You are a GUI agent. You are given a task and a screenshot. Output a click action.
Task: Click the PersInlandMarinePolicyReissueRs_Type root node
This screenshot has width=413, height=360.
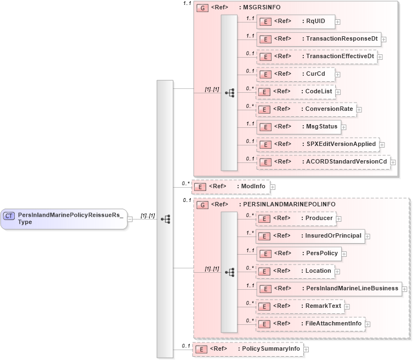pyautogui.click(x=64, y=218)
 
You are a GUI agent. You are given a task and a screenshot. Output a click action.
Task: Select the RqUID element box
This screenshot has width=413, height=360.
pyautogui.click(x=296, y=21)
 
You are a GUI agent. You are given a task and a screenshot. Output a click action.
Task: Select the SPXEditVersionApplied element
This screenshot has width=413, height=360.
pyautogui.click(x=318, y=144)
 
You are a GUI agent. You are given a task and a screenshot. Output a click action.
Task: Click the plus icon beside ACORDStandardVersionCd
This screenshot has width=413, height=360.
pyautogui.click(x=393, y=162)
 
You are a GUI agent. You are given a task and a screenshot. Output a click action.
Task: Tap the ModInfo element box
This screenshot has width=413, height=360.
pyautogui.click(x=230, y=187)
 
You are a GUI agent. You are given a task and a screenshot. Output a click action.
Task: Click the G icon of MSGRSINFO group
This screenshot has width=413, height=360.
pyautogui.click(x=202, y=9)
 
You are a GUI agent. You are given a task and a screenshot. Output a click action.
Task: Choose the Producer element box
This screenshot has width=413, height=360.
pyautogui.click(x=296, y=218)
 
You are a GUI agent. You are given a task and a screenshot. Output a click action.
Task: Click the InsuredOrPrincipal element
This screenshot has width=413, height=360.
pyautogui.click(x=310, y=236)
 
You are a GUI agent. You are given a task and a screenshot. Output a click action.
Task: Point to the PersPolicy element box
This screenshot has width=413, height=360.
pyautogui.click(x=299, y=253)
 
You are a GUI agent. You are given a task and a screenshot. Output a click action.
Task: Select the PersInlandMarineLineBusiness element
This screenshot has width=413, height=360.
pyautogui.click(x=329, y=288)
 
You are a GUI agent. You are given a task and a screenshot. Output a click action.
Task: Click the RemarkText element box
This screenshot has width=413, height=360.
pyautogui.click(x=300, y=306)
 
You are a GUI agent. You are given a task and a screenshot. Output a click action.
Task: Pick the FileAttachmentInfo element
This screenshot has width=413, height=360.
pyautogui.click(x=310, y=324)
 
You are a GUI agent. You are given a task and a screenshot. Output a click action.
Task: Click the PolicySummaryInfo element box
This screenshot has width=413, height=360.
pyautogui.click(x=247, y=349)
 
